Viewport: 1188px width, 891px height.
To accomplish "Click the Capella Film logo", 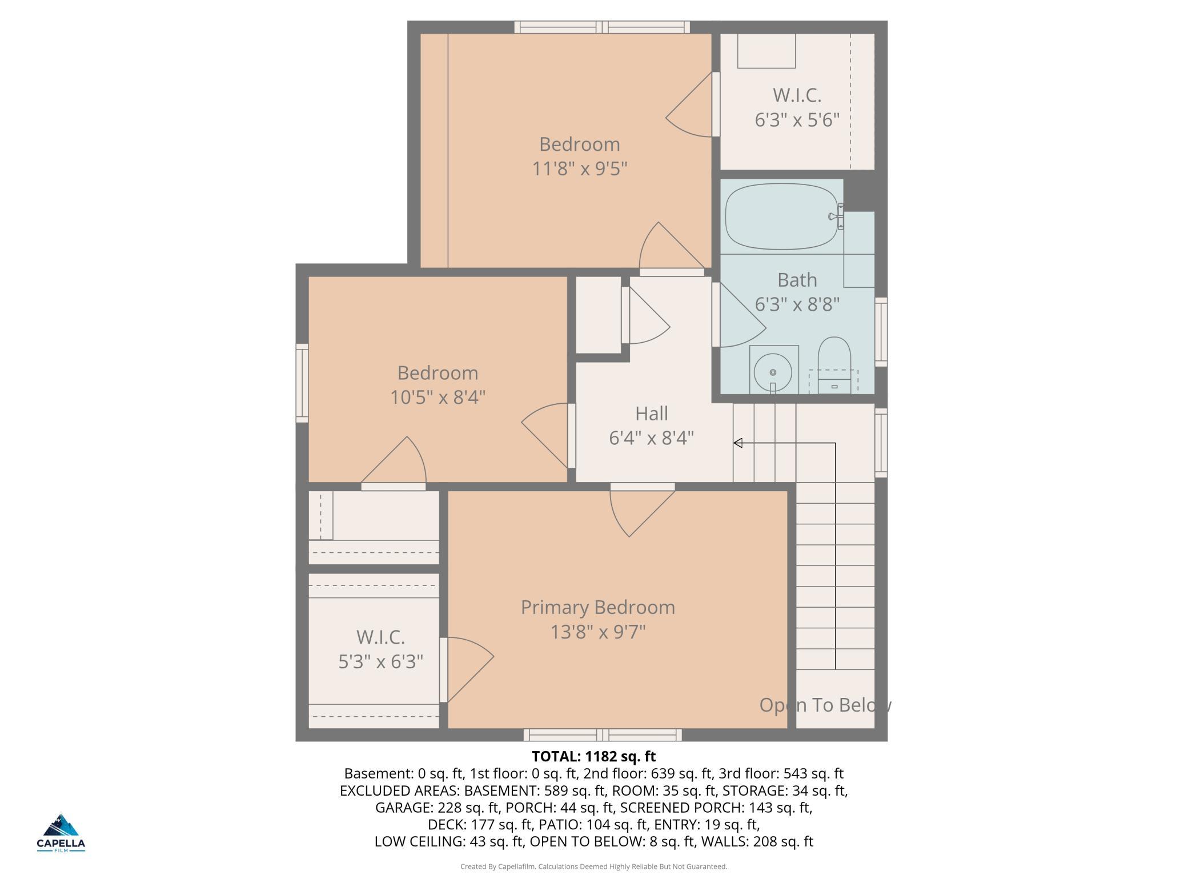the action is click(61, 833).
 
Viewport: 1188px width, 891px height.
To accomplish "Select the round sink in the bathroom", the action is click(773, 372).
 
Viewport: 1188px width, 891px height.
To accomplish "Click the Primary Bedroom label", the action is click(597, 607).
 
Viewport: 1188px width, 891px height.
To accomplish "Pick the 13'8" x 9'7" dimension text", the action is click(597, 632).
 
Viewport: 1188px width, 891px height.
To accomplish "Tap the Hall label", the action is click(651, 414).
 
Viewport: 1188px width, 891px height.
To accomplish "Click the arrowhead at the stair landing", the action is click(737, 443).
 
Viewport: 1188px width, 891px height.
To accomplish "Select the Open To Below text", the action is click(825, 705).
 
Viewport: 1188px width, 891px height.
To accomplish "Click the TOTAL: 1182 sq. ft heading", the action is click(593, 756).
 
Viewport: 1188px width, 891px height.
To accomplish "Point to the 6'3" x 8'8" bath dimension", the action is click(797, 305).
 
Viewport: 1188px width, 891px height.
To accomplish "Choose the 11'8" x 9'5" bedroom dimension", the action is click(580, 169).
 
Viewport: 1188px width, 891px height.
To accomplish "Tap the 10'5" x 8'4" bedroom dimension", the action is click(438, 397).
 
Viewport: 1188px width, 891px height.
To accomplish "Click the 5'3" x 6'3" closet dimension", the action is click(380, 661).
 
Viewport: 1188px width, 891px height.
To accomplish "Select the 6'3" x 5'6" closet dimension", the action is click(797, 120).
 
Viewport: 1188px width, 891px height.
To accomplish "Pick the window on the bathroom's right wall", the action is click(881, 331).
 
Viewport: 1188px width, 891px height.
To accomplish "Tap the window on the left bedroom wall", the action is click(302, 383).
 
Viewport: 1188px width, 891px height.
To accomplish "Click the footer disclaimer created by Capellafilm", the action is click(593, 866).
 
